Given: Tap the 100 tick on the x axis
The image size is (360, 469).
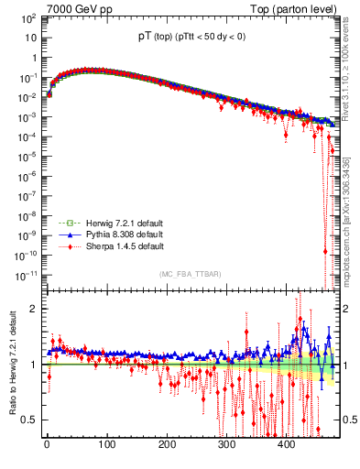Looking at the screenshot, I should pos(107,445).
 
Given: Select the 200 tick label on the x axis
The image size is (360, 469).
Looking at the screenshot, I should pos(167,445).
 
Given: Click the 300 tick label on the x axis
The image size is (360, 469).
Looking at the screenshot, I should pos(227,445).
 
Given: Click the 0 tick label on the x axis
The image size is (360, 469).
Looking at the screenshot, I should pos(47,445).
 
